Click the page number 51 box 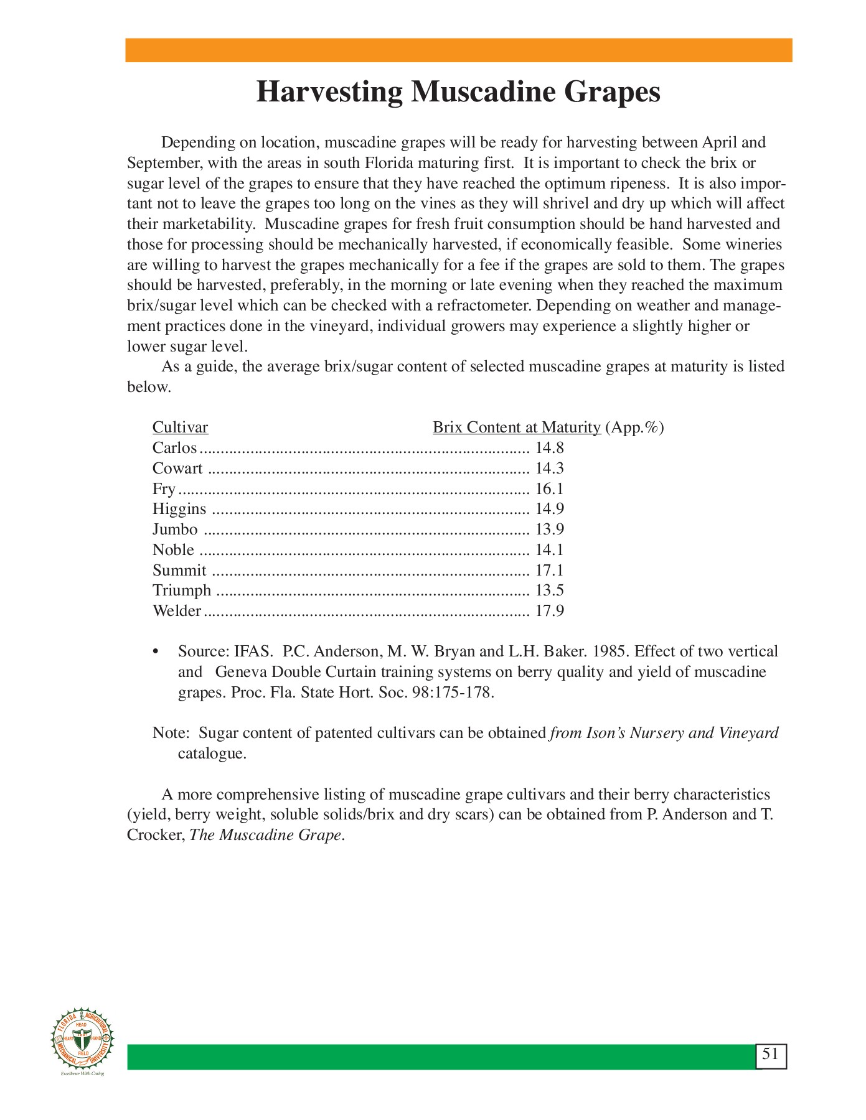click(x=771, y=1054)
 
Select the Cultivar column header click(x=180, y=427)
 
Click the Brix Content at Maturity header click(x=516, y=427)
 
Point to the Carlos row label click(x=174, y=448)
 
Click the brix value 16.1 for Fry click(x=549, y=488)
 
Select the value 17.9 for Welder click(x=549, y=611)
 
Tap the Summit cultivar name click(x=179, y=571)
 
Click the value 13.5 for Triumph click(x=549, y=590)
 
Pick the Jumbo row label click(x=175, y=530)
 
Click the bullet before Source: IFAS click(x=156, y=652)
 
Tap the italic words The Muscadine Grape click(x=265, y=835)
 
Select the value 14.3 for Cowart click(x=549, y=469)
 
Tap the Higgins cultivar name click(x=179, y=509)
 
